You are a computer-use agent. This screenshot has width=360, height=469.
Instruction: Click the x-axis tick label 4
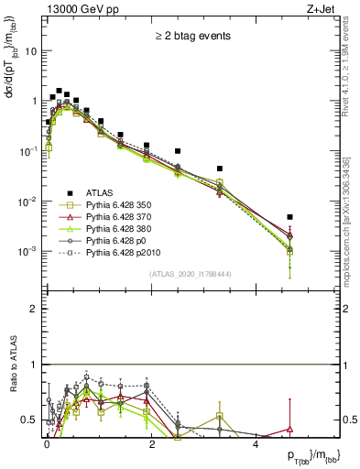click(x=256, y=443)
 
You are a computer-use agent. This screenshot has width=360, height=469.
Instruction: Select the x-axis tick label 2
click(x=151, y=443)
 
